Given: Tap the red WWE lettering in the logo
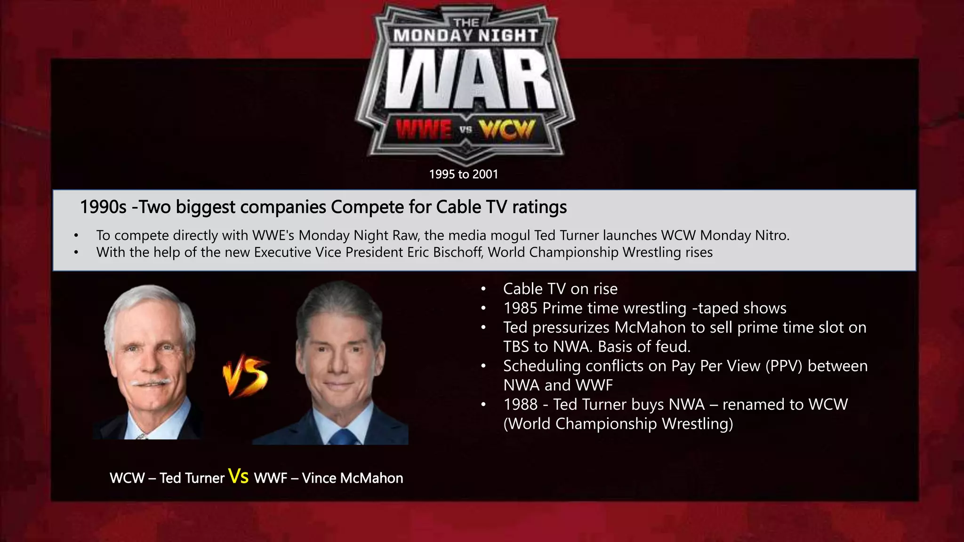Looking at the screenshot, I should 423,129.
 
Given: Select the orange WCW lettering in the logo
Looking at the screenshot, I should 507,129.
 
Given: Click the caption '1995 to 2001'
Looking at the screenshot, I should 463,174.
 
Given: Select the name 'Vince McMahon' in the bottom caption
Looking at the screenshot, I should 352,478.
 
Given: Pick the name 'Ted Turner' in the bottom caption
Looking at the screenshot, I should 192,478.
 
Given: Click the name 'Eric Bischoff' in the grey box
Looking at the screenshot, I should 445,252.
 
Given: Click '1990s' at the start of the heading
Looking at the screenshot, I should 103,207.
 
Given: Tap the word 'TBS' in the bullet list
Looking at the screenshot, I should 518,347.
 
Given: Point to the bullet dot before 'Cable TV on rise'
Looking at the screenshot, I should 483,289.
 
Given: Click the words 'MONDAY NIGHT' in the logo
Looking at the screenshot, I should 465,35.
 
